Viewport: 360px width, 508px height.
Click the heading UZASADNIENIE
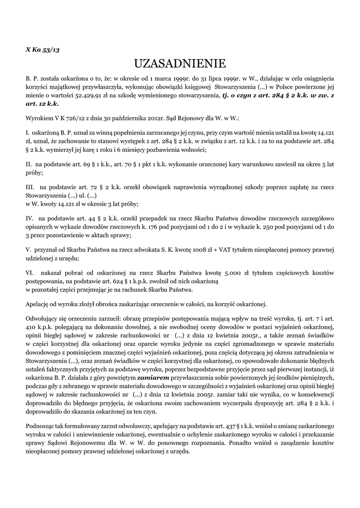(180, 63)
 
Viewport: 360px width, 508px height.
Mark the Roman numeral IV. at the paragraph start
(30, 217)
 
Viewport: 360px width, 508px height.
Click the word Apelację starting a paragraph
(38, 303)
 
